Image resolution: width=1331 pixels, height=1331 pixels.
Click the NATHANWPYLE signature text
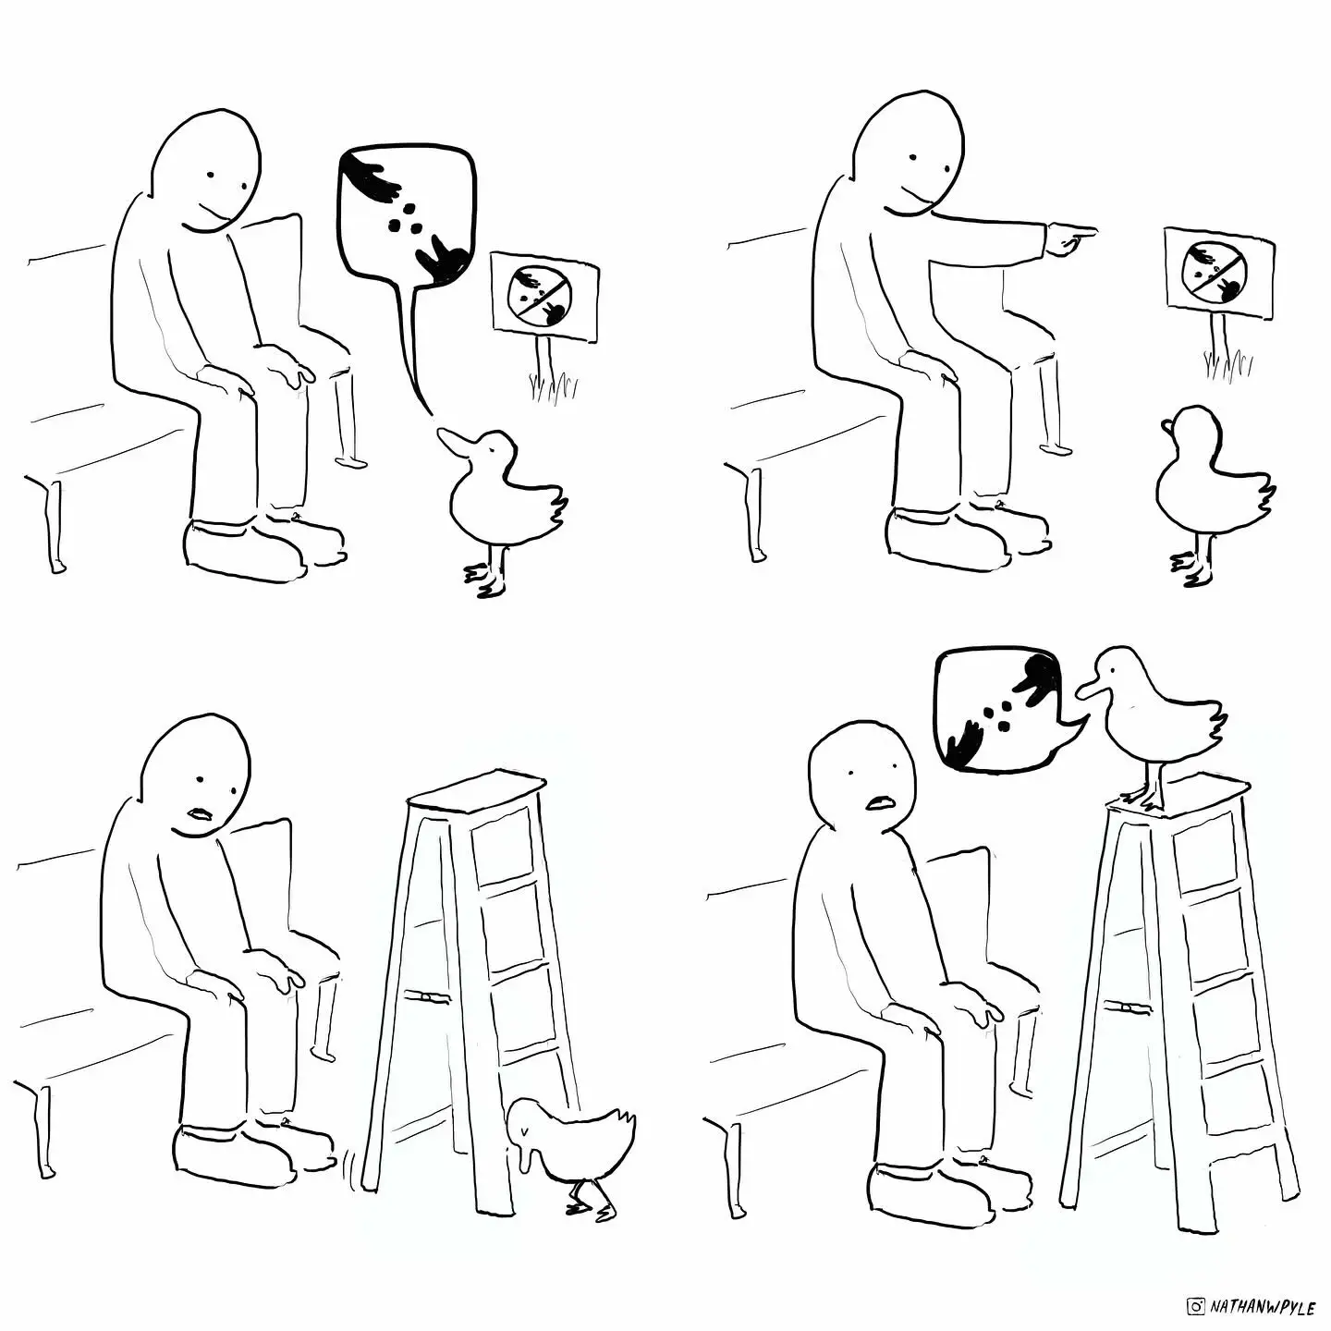[1263, 1307]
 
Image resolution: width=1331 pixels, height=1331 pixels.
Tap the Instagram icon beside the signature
[1196, 1307]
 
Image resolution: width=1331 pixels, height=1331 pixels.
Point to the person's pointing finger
[1078, 229]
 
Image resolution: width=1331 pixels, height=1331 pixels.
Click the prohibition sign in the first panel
[545, 297]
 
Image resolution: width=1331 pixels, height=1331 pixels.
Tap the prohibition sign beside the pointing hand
[1220, 273]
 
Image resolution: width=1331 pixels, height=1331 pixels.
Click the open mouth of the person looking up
[879, 801]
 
